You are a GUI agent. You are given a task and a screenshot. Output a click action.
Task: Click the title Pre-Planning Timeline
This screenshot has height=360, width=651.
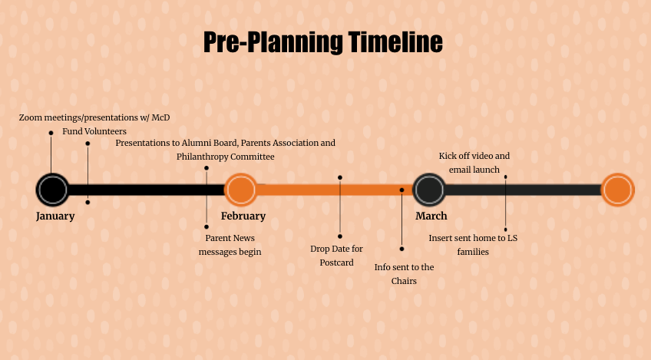click(x=323, y=42)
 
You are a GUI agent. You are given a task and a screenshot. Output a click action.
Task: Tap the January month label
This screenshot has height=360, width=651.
click(x=55, y=216)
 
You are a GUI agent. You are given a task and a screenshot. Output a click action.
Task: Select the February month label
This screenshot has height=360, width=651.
click(x=243, y=216)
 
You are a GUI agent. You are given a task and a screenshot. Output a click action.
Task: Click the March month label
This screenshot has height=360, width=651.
click(x=431, y=216)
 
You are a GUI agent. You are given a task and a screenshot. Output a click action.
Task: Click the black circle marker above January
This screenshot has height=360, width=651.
click(x=52, y=190)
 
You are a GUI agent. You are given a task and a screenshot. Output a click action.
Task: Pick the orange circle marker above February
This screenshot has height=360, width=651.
click(x=240, y=190)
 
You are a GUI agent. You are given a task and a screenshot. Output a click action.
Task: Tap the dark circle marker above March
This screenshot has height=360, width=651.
click(x=429, y=190)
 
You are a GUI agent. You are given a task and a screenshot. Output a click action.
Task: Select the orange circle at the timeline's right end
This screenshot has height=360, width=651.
click(x=617, y=190)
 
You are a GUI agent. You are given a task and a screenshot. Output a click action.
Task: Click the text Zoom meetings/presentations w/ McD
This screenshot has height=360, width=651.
click(x=94, y=117)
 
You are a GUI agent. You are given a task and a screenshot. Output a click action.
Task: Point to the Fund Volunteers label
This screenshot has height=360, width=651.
click(x=94, y=131)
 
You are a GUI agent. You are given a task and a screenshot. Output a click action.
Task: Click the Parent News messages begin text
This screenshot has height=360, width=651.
click(x=230, y=245)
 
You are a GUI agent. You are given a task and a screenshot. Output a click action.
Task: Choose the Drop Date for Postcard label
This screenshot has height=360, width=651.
click(x=336, y=256)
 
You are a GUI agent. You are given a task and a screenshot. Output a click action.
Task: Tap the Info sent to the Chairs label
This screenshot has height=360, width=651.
click(x=404, y=274)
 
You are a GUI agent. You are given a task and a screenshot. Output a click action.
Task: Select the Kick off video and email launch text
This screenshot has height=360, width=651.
click(x=474, y=162)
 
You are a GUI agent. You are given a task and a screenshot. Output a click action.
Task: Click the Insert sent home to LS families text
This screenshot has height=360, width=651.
click(x=473, y=245)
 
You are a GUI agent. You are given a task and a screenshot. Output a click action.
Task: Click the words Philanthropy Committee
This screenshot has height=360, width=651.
click(x=226, y=157)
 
